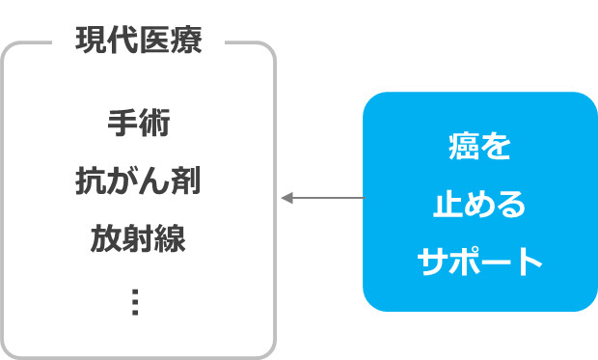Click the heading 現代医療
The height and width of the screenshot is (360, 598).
tap(138, 42)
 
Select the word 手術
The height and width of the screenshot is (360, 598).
tap(138, 125)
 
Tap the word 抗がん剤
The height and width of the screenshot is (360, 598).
tap(138, 180)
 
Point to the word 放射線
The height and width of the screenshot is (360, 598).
tap(138, 237)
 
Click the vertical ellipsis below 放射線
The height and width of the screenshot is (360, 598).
tap(135, 302)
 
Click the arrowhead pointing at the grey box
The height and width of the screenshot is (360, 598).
tap(286, 199)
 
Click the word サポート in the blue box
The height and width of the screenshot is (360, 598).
tap(479, 262)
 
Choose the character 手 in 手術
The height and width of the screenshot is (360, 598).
tap(122, 125)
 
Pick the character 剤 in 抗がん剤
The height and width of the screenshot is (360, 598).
tap(185, 180)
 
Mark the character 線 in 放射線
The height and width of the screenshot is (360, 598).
tap(170, 237)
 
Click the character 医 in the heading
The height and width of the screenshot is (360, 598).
tap(154, 42)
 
